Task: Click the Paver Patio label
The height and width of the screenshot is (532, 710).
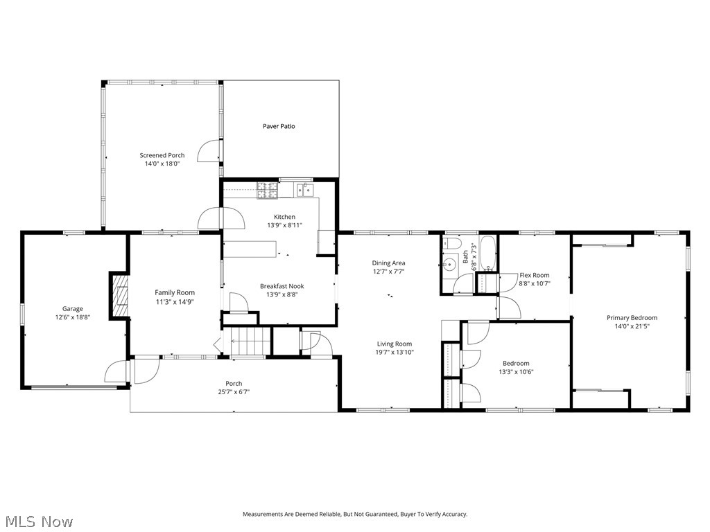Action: click(x=279, y=126)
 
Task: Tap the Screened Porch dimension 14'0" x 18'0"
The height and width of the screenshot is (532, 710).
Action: click(x=162, y=164)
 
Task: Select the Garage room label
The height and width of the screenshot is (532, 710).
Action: click(x=73, y=309)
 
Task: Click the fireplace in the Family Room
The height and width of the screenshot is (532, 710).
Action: click(x=121, y=295)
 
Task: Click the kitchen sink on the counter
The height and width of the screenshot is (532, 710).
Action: click(x=303, y=188)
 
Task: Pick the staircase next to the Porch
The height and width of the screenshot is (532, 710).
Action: click(x=250, y=342)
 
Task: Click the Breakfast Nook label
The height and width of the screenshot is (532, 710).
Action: click(x=282, y=286)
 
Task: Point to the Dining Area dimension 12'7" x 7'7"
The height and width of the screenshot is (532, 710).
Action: click(x=388, y=272)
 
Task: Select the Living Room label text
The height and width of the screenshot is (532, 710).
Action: click(x=395, y=344)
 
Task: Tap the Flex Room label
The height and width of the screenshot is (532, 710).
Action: click(x=534, y=275)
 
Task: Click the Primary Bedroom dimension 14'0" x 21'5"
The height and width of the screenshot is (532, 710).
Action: click(x=632, y=326)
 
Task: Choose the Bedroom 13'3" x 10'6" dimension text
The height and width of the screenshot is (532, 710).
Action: click(x=516, y=372)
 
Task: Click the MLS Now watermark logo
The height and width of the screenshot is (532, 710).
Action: click(x=38, y=521)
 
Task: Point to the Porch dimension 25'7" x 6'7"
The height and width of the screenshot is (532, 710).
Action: click(x=234, y=392)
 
